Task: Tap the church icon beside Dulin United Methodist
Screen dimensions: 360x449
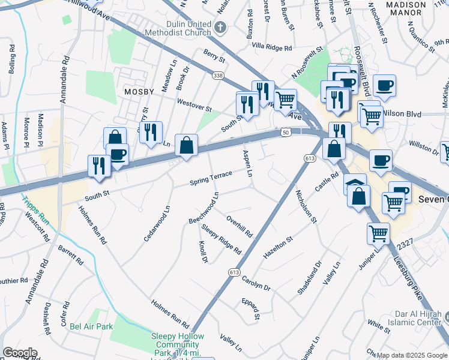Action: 221,27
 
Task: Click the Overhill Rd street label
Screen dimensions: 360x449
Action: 240,227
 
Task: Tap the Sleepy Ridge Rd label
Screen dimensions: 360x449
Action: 221,239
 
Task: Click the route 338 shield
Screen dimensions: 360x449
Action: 217,75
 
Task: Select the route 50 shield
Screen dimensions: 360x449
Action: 285,131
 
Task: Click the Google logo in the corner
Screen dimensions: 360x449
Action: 20,353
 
